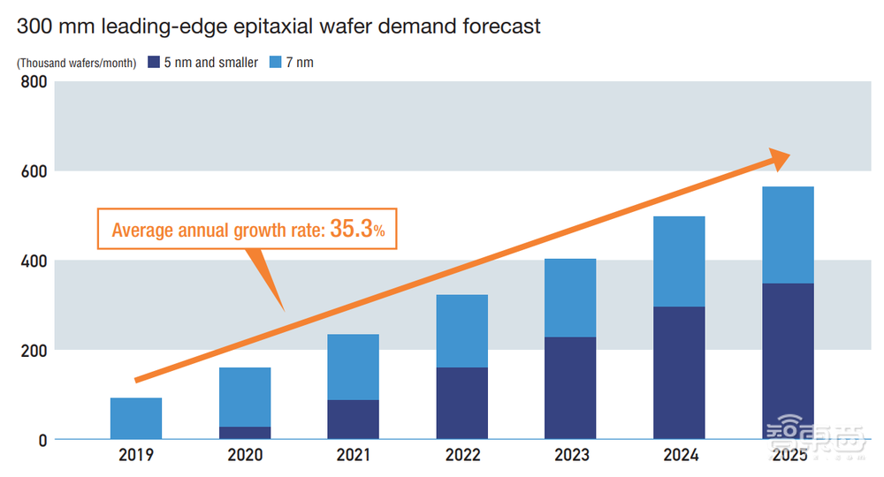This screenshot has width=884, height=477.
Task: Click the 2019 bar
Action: point(136,418)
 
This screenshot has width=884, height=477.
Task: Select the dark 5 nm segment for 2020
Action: point(245,433)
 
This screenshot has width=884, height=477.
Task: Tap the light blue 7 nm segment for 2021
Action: point(353,367)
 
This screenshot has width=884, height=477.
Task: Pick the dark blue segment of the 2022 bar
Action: point(461,403)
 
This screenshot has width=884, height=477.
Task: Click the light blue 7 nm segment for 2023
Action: point(569,298)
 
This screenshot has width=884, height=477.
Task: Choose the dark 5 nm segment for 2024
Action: point(678,372)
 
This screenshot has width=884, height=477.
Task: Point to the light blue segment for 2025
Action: point(787,235)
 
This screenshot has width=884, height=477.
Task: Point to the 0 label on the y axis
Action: point(41,439)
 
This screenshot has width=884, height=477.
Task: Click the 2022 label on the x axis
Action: point(461,456)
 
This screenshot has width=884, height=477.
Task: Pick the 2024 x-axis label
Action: point(678,456)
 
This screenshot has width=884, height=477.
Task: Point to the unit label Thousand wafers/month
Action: point(76,64)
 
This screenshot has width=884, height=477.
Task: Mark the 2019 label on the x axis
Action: point(136,456)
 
